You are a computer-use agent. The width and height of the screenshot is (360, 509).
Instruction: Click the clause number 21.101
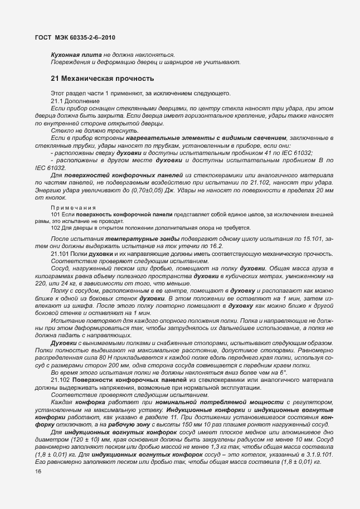click(60, 254)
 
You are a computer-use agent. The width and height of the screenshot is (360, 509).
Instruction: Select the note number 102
click(56, 227)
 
